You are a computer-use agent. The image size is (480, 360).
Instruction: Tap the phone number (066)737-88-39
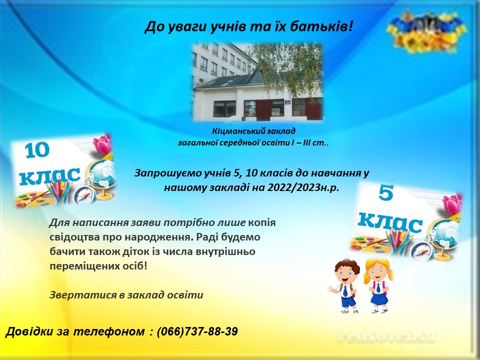click(197, 331)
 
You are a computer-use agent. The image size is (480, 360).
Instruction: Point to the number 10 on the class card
click(36, 150)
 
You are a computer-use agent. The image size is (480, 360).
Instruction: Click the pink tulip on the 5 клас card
click(452, 204)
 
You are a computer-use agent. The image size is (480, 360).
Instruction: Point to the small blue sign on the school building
click(288, 102)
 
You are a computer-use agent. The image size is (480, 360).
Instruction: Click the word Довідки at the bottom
click(29, 331)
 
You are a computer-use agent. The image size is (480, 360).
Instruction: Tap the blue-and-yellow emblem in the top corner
click(427, 32)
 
